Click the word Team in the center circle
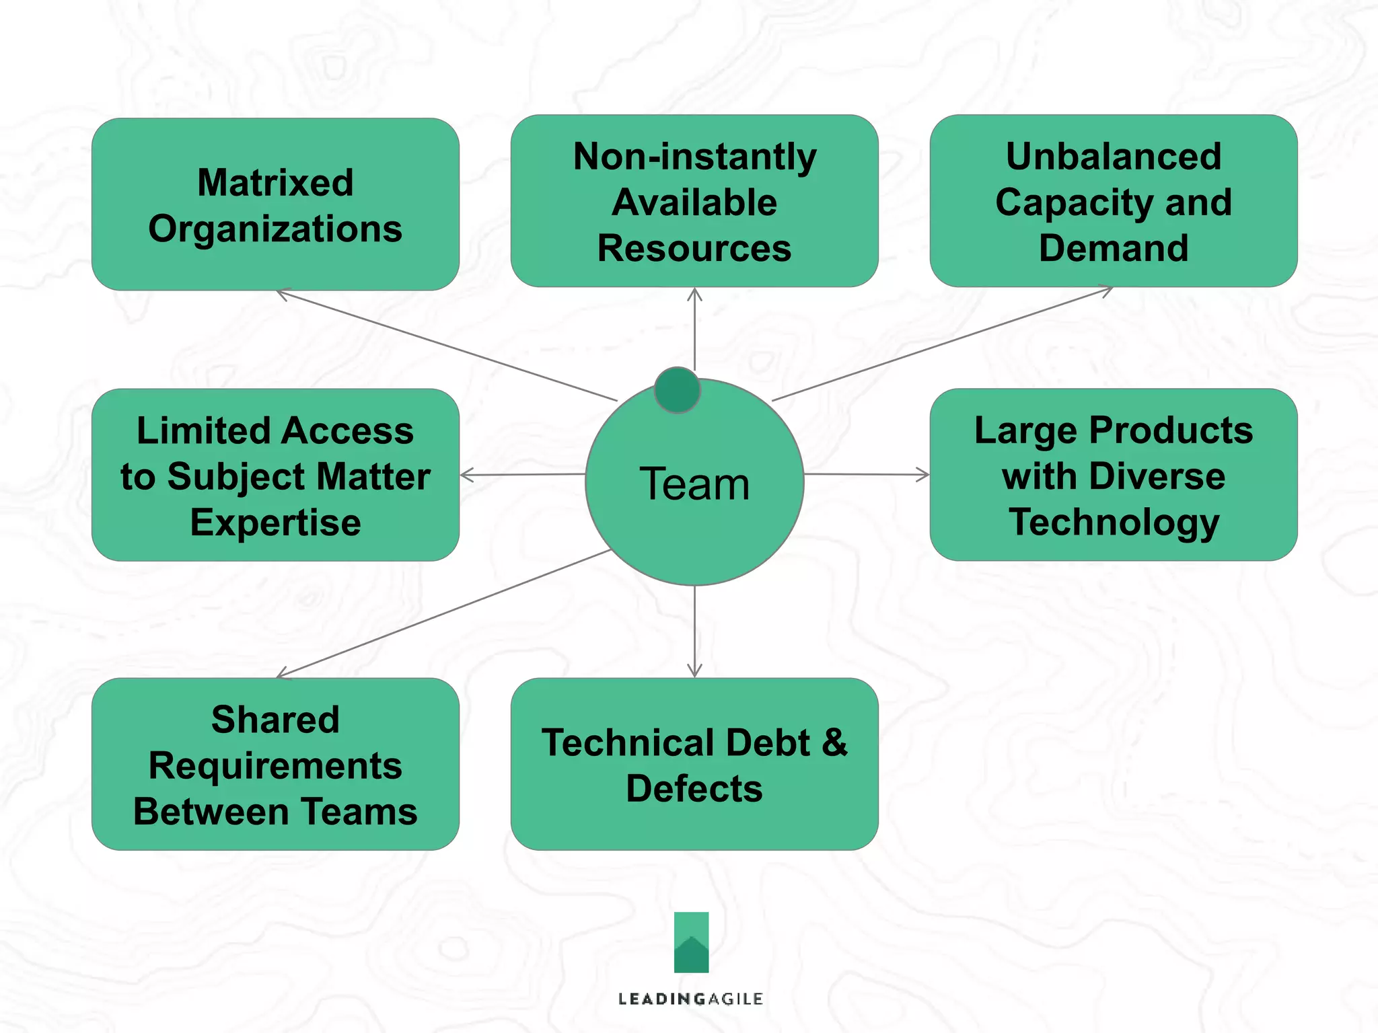coord(694,484)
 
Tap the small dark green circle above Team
coord(677,390)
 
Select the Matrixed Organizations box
coord(275,204)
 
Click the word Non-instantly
coord(694,157)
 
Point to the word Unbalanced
coord(1113,157)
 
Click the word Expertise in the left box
coord(275,523)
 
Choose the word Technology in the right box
coord(1113,523)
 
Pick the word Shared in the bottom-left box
coord(275,720)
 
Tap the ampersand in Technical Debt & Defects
coord(834,742)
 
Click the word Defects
coord(694,789)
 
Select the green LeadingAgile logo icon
coord(691,942)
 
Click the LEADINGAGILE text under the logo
coord(690,999)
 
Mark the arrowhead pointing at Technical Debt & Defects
coord(694,672)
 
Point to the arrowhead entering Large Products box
coord(924,475)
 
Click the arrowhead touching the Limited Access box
coord(466,475)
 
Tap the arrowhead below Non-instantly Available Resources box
coord(694,294)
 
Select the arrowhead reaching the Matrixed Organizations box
coord(283,293)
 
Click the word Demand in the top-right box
coord(1113,248)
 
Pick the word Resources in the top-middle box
coord(694,248)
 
